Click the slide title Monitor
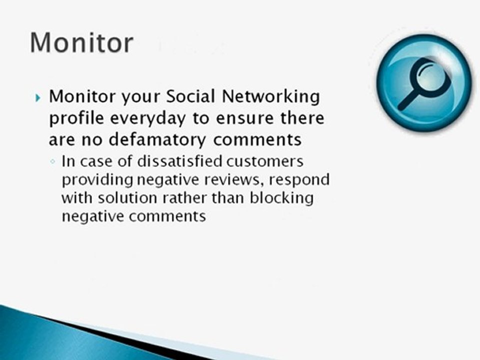[81, 42]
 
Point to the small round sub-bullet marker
[53, 163]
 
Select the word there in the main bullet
[301, 118]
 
